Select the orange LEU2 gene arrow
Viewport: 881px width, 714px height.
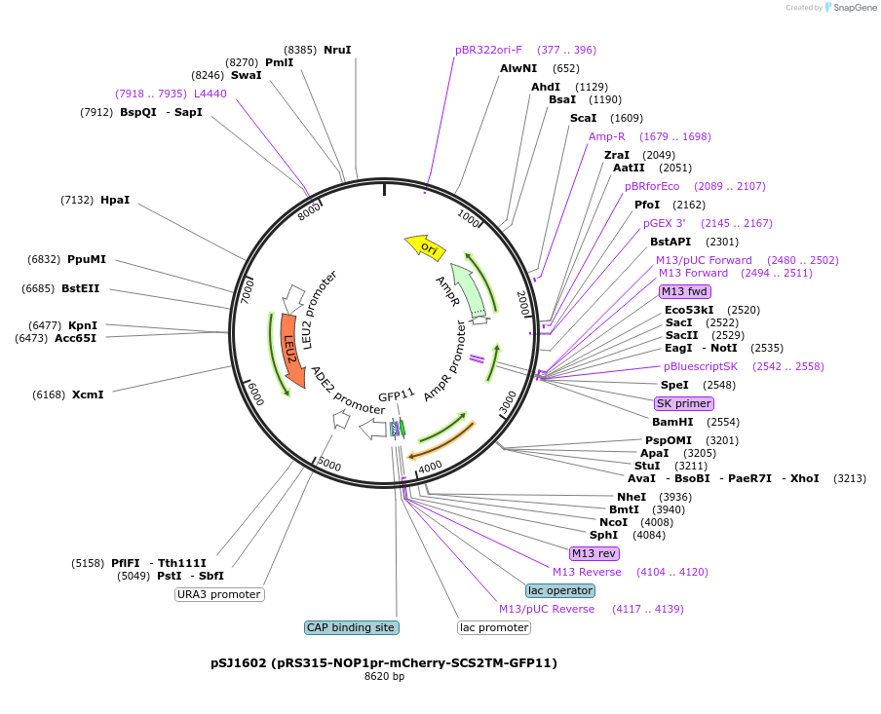point(291,349)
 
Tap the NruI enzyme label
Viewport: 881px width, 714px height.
point(337,50)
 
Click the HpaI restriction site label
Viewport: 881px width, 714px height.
point(115,200)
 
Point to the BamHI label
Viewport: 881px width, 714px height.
point(672,422)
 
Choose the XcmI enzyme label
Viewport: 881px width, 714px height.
point(88,395)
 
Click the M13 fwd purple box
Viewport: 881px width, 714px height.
point(684,291)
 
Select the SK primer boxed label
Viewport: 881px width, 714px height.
point(684,403)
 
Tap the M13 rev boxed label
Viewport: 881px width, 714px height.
point(594,553)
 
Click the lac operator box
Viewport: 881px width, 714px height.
point(559,590)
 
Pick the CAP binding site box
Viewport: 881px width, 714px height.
point(351,627)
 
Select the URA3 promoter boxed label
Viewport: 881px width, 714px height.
point(219,594)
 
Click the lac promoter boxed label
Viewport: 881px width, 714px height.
point(494,627)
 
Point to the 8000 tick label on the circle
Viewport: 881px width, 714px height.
point(309,210)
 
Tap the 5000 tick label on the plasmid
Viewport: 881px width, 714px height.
point(329,466)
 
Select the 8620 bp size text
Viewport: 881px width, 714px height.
point(384,676)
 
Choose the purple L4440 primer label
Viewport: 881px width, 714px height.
point(211,94)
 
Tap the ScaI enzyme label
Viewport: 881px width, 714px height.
point(584,118)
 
